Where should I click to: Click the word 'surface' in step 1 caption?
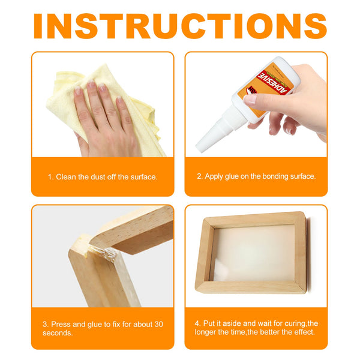(x=143, y=177)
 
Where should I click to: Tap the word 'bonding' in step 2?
(x=271, y=177)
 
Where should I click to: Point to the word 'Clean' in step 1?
(x=67, y=177)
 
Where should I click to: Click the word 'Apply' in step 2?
(x=215, y=177)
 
